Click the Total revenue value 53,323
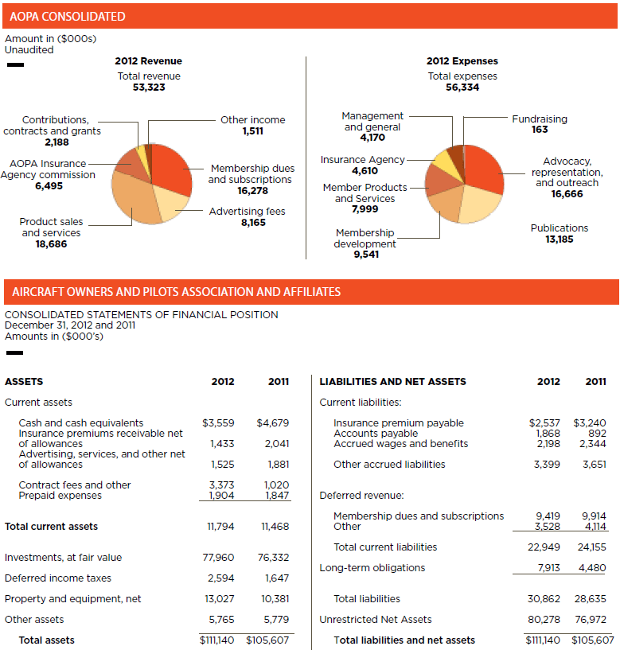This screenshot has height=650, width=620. point(149,88)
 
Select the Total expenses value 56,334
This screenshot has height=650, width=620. point(462,88)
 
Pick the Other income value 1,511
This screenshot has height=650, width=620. point(252,131)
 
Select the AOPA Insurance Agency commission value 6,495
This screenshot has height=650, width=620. point(47,186)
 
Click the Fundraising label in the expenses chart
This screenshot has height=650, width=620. point(540,119)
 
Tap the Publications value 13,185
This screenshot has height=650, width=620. point(560,239)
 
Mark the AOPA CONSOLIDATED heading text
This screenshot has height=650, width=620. point(68,16)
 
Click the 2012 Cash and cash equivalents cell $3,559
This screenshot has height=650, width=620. point(218,423)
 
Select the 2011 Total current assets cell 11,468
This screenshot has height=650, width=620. point(275,527)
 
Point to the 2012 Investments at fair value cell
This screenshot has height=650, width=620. point(218,558)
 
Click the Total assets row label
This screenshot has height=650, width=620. point(46,640)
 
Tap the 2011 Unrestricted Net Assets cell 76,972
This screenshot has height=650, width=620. point(592,620)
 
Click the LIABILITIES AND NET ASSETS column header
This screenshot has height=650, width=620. point(392,382)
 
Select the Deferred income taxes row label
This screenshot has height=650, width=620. point(58,578)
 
